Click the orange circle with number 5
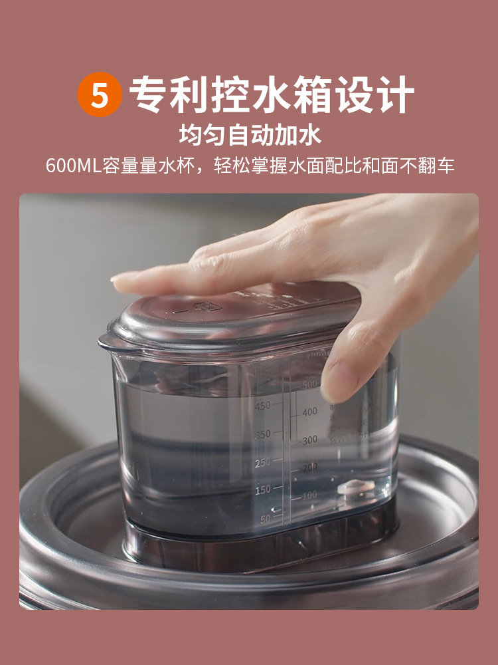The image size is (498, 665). point(100,96)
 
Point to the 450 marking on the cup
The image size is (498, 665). point(262,406)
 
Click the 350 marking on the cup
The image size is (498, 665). point(262,434)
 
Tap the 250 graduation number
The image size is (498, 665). point(262,462)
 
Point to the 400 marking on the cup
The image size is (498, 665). point(310,412)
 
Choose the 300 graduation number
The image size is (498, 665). point(310,440)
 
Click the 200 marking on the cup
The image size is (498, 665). point(310,467)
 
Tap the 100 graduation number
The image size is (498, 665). point(310,495)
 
